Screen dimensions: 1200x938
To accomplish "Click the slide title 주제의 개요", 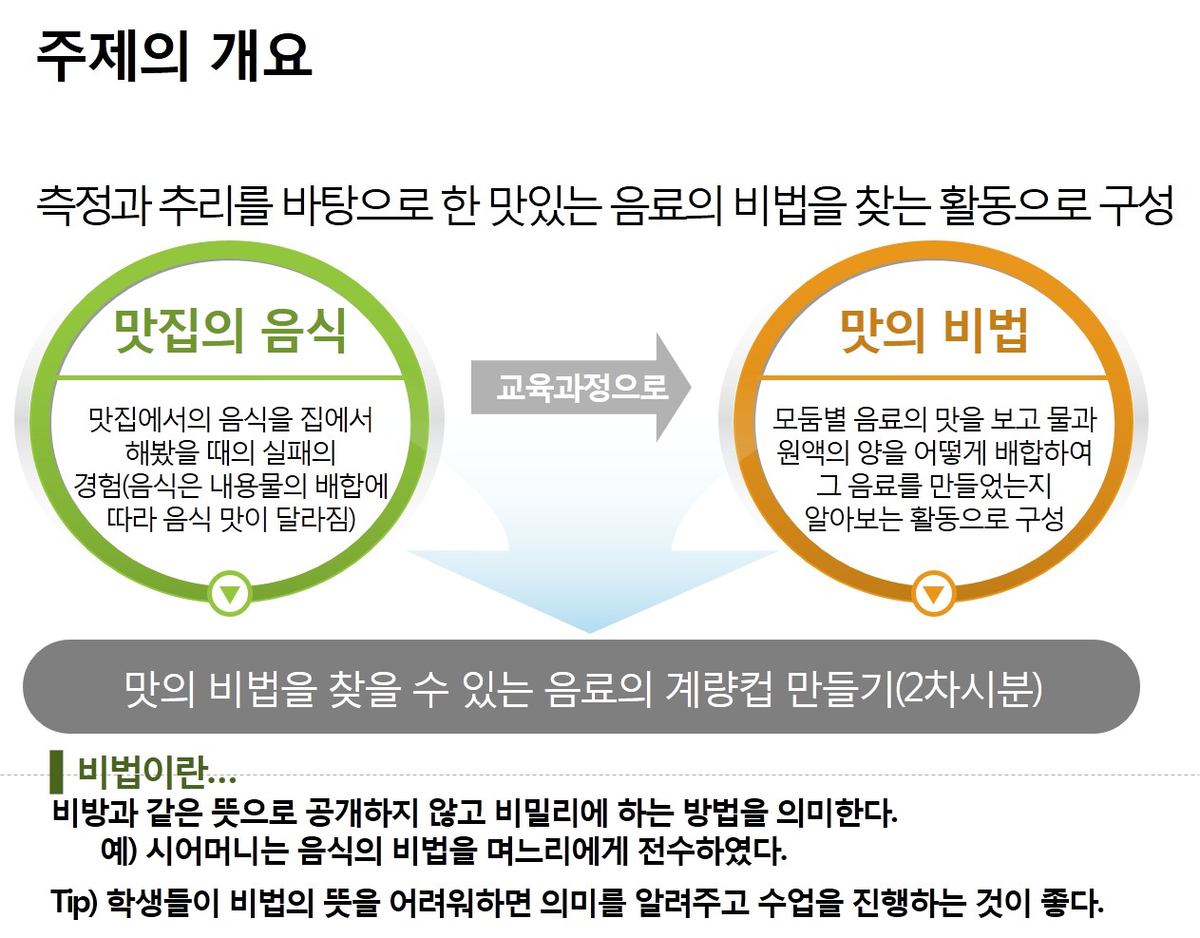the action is point(174,55).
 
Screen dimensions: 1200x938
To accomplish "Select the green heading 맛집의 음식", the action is point(230,331).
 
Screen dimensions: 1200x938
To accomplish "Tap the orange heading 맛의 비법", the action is point(934,331).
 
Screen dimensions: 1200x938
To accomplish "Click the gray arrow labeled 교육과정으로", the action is point(581,387).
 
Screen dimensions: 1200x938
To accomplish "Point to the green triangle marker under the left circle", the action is point(230,593).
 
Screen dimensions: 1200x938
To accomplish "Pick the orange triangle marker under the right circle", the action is point(933,593).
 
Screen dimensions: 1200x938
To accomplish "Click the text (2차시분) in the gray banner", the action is point(967,688).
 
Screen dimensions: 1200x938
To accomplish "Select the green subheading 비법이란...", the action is point(157,772).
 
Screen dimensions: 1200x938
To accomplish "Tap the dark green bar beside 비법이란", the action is point(56,772).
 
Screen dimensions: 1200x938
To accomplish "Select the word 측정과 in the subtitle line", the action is point(94,205).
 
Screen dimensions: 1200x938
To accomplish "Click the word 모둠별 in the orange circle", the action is point(809,420).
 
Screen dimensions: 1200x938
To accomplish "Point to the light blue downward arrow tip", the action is point(590,632).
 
